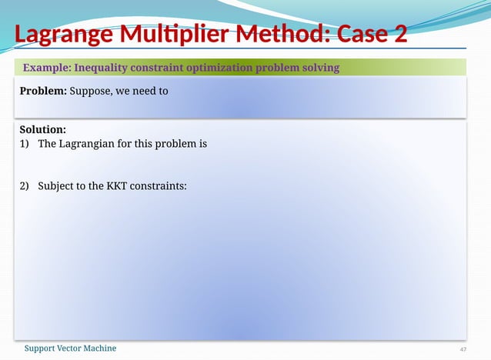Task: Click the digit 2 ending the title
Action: click(400, 35)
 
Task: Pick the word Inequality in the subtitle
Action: click(102, 68)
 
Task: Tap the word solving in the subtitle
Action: click(319, 68)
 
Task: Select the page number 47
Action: click(463, 349)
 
